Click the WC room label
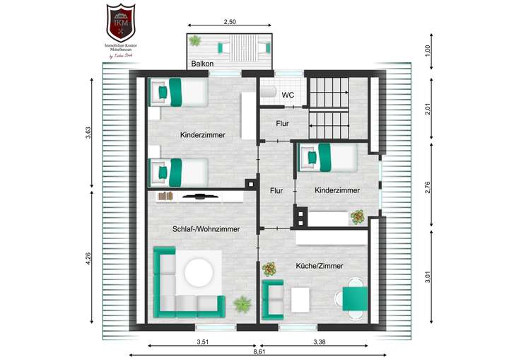[288, 95]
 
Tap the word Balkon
[203, 64]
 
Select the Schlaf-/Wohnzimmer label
[206, 228]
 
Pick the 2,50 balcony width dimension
[230, 23]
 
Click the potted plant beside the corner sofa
[242, 304]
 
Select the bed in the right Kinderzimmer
[327, 157]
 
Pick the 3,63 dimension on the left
[88, 133]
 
